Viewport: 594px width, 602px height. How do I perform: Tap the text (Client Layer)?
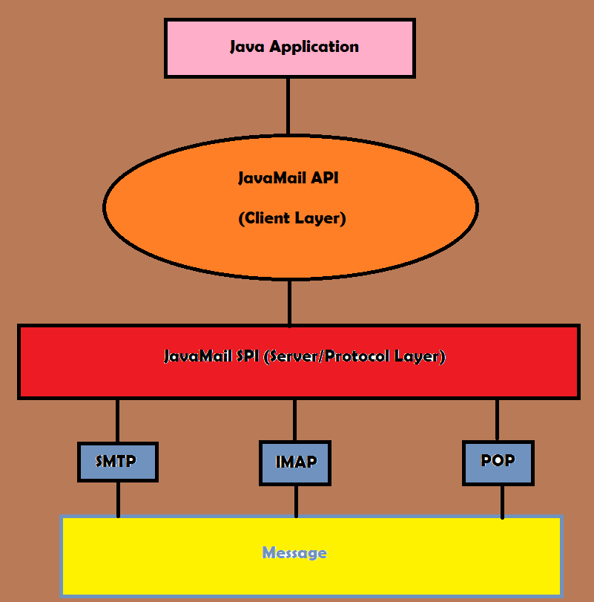[x=291, y=219]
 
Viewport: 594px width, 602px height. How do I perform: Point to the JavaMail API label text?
[x=289, y=178]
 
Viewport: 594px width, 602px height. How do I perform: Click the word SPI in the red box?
[x=248, y=356]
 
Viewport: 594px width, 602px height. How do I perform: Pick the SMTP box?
[x=117, y=461]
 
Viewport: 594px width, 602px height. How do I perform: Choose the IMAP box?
[x=295, y=462]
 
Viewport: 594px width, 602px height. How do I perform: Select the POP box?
[x=498, y=461]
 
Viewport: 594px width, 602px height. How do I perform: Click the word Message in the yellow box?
[x=294, y=553]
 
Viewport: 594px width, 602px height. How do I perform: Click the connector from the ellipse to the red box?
[x=289, y=303]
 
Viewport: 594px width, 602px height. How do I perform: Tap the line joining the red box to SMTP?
[x=117, y=421]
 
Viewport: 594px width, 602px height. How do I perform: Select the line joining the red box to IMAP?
[x=295, y=420]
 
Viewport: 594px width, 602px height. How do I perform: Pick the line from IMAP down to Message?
[x=296, y=501]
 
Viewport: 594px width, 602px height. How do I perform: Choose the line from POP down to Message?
[x=502, y=502]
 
